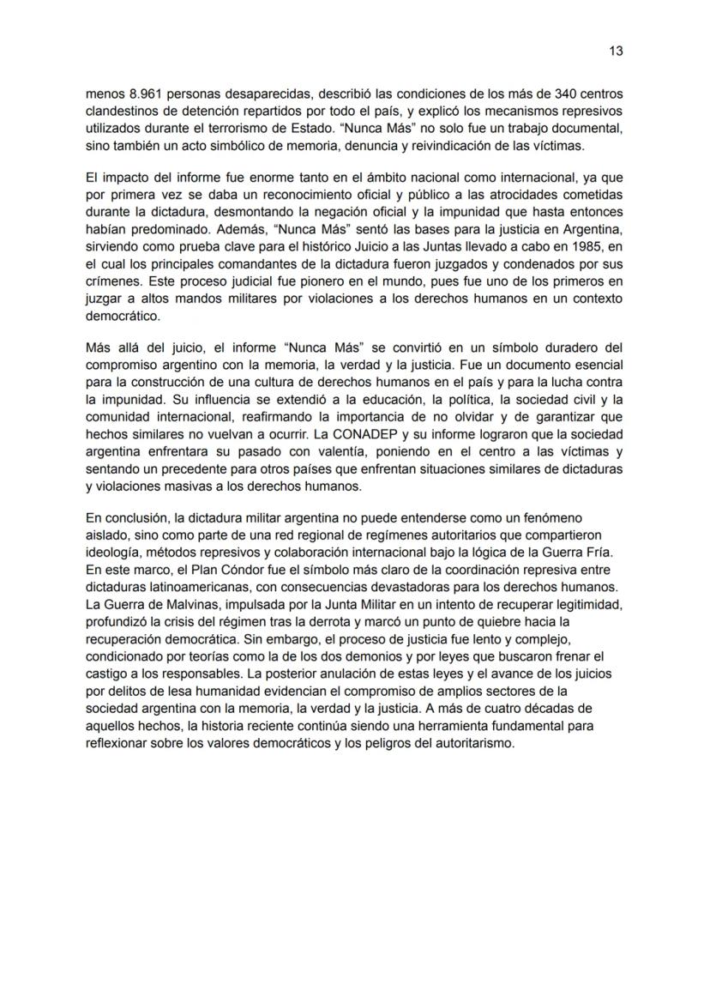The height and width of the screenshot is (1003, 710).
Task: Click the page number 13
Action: tap(616, 51)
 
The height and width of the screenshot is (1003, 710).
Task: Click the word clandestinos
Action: tap(124, 112)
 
